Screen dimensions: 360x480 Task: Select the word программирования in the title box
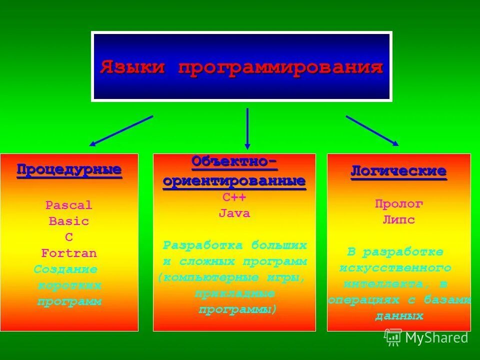coord(281,67)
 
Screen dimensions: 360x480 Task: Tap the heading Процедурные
coord(69,169)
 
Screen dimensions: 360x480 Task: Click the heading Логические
coord(398,171)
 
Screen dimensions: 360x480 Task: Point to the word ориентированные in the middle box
coord(234,181)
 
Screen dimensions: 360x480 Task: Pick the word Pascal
coord(69,205)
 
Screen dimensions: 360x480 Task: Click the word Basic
coord(69,221)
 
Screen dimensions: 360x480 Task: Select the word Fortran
coord(69,253)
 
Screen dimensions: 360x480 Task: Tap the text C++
coord(234,197)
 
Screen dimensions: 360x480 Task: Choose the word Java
coord(234,213)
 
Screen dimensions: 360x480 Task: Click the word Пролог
coord(399,203)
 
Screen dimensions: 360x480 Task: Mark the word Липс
coord(399,220)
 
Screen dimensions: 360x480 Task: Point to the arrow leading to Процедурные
coord(121,130)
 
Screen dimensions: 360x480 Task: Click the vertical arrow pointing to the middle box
coord(247,128)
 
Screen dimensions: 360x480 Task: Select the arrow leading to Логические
coord(372,130)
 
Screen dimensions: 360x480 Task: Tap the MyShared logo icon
coord(393,337)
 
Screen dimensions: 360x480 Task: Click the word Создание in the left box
coord(65,269)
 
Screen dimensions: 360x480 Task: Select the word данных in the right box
coord(399,316)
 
